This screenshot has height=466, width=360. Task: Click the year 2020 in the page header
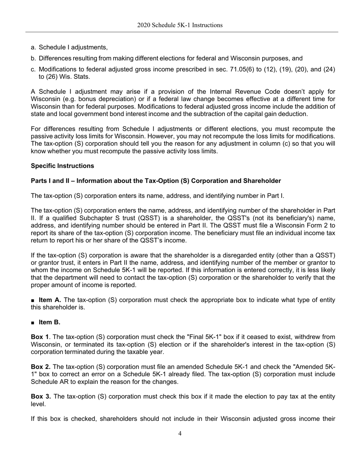[143, 25]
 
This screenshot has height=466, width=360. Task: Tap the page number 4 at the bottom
[180, 433]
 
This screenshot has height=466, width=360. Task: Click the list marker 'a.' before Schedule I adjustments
[33, 47]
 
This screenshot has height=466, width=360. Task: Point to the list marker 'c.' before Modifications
[33, 69]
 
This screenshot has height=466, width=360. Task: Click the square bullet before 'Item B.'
[33, 323]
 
